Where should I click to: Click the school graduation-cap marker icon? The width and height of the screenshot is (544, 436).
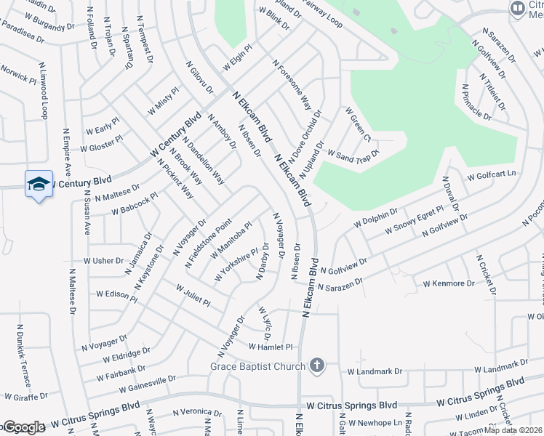click(x=39, y=184)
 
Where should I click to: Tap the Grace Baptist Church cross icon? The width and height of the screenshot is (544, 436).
click(x=316, y=366)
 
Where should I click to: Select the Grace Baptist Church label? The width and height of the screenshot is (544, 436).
click(x=258, y=366)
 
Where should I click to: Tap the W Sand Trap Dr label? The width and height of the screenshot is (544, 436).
click(x=353, y=154)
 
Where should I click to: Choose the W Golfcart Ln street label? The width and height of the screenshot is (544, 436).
click(x=491, y=175)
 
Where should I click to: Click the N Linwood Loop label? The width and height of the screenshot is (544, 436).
click(x=44, y=92)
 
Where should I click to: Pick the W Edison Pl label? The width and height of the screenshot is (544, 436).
click(x=116, y=294)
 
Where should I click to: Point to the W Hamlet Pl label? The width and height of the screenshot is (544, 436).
click(x=270, y=347)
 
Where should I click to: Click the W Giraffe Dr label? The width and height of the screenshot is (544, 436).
click(x=25, y=397)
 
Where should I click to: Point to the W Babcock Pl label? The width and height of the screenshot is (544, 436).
click(x=135, y=204)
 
